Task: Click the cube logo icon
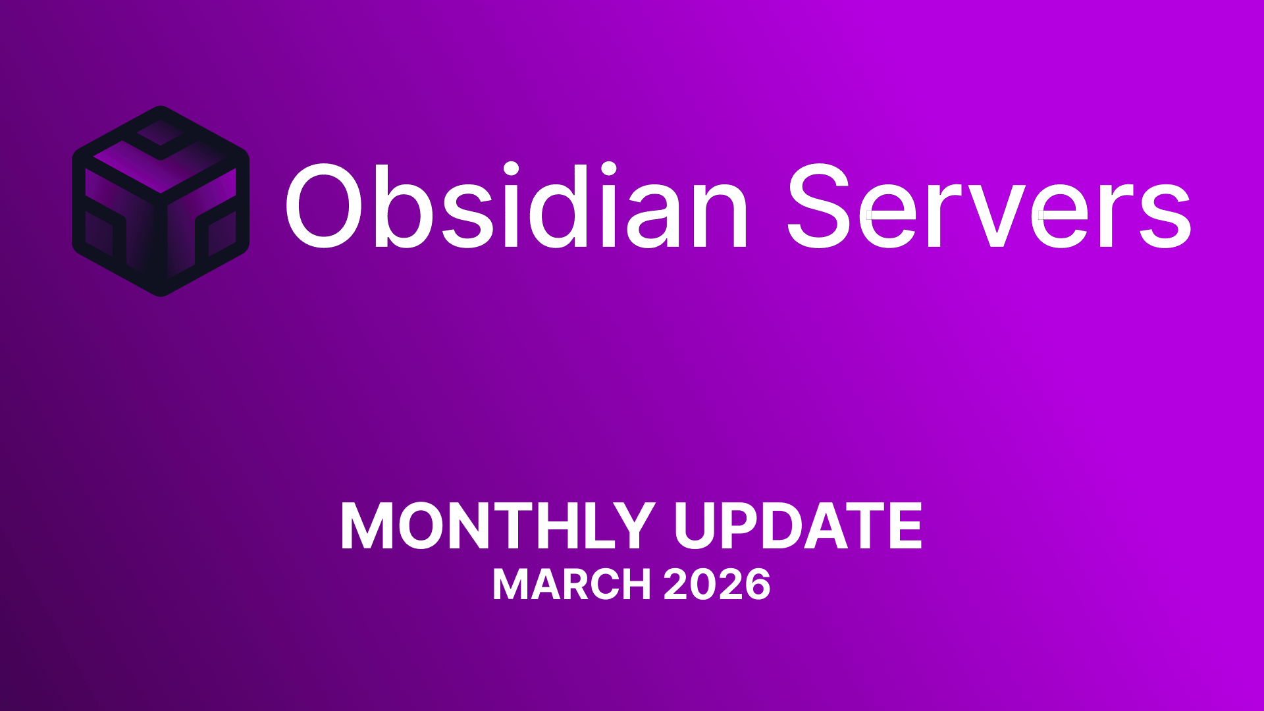[x=161, y=201]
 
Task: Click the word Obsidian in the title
[x=516, y=205]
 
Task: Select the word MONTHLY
[x=497, y=526]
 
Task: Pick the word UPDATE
[x=798, y=526]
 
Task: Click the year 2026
[x=717, y=584]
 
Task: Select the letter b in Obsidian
[x=402, y=206]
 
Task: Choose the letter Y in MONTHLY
[x=631, y=526]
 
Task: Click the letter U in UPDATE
[x=698, y=526]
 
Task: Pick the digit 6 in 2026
[x=755, y=585]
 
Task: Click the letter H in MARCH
[x=635, y=584]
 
